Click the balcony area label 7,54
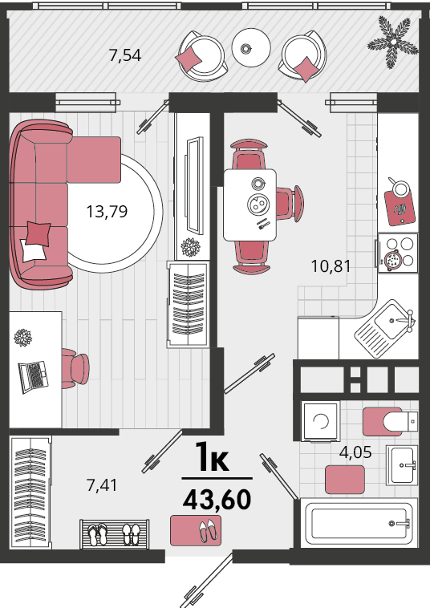pos(125,55)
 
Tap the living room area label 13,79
pos(107,212)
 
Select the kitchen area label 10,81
pos(331,266)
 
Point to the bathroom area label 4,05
pos(355,452)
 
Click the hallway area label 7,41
pos(102,485)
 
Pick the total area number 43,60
pos(217,500)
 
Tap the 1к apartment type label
pos(211,457)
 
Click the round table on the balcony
pos(251,47)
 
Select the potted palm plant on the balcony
pos(393,42)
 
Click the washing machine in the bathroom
pos(321,421)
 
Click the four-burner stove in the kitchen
pos(398,253)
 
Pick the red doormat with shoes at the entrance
pos(196,530)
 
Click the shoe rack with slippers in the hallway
pos(115,534)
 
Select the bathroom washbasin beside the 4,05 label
pos(402,465)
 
